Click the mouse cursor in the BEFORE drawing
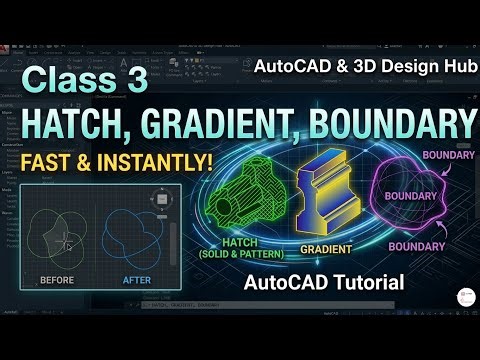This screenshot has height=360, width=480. (67, 244)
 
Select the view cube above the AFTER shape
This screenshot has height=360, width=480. (161, 199)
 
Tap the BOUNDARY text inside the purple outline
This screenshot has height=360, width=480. (412, 195)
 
